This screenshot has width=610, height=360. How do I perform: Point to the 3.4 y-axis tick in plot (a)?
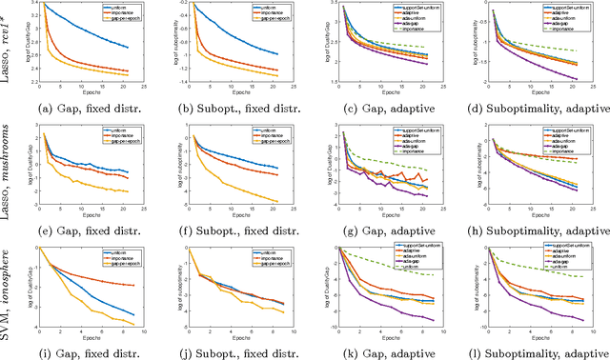(x=30, y=4)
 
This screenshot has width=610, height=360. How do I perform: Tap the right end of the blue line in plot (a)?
(x=130, y=48)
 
